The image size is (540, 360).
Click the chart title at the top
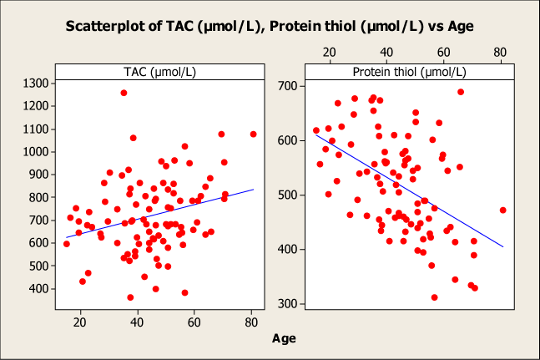(270, 26)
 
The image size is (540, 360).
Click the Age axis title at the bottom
(284, 339)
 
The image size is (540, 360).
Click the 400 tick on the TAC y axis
(35, 289)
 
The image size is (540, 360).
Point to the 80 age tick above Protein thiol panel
(500, 51)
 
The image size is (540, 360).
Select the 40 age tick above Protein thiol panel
(386, 51)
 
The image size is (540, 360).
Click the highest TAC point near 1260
(124, 93)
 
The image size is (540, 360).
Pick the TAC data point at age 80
(253, 134)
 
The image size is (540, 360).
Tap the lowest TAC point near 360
(130, 297)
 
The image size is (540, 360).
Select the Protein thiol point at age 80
(502, 210)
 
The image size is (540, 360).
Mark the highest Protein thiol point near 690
(461, 92)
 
